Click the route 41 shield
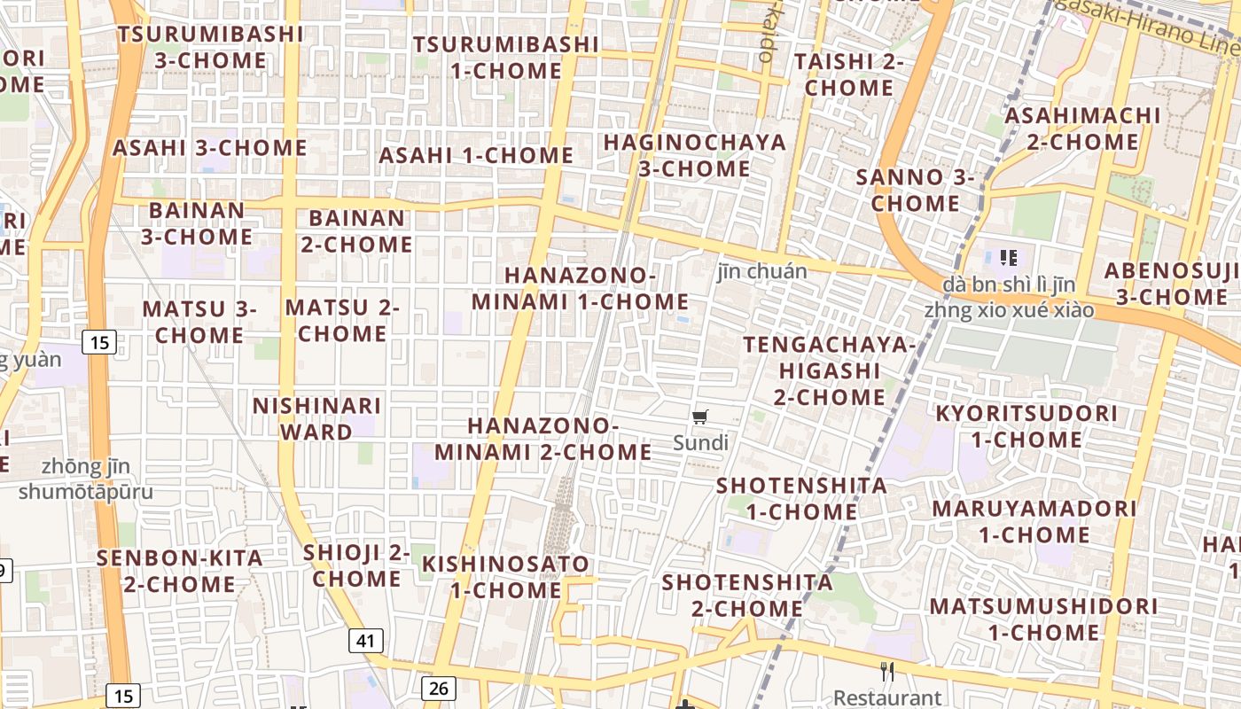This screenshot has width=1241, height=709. point(366,640)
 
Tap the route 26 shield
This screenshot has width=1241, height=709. point(438,688)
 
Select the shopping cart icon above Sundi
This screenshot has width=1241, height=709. point(700,417)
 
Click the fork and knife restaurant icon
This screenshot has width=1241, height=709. point(887,672)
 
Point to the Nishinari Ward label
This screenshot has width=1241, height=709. point(316,418)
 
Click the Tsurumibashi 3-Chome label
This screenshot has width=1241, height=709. point(210,47)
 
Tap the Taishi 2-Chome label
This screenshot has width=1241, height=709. point(849,74)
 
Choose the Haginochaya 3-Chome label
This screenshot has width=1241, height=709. point(694,155)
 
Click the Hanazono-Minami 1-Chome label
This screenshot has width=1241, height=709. point(580,288)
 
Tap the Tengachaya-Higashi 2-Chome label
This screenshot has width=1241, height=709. point(829,370)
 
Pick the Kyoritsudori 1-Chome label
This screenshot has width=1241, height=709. point(1026,426)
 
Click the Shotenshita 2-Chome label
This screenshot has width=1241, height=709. point(747,596)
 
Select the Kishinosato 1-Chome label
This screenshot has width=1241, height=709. point(505,576)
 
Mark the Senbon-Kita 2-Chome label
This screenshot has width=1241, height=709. point(179,571)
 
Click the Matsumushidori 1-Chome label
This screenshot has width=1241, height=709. point(1043,619)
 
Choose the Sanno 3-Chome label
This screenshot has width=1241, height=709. point(915,190)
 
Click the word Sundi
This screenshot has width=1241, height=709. point(700,442)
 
